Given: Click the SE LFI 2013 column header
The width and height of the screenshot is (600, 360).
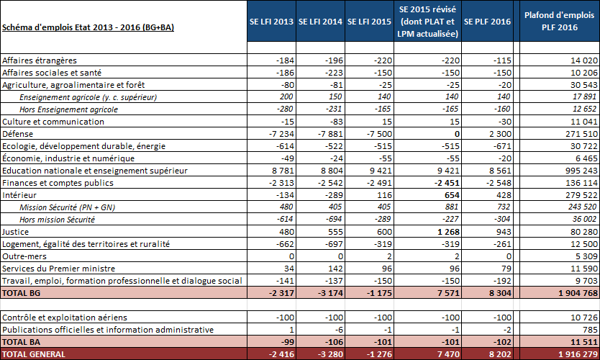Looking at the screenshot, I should click(270, 22).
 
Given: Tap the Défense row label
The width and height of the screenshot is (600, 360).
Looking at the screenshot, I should click(18, 134).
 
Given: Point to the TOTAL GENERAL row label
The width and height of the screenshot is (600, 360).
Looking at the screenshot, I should click(34, 354).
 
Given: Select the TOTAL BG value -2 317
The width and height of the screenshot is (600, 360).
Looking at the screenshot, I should click(278, 293).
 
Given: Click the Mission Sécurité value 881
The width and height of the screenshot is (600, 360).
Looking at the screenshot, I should click(449, 207).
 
